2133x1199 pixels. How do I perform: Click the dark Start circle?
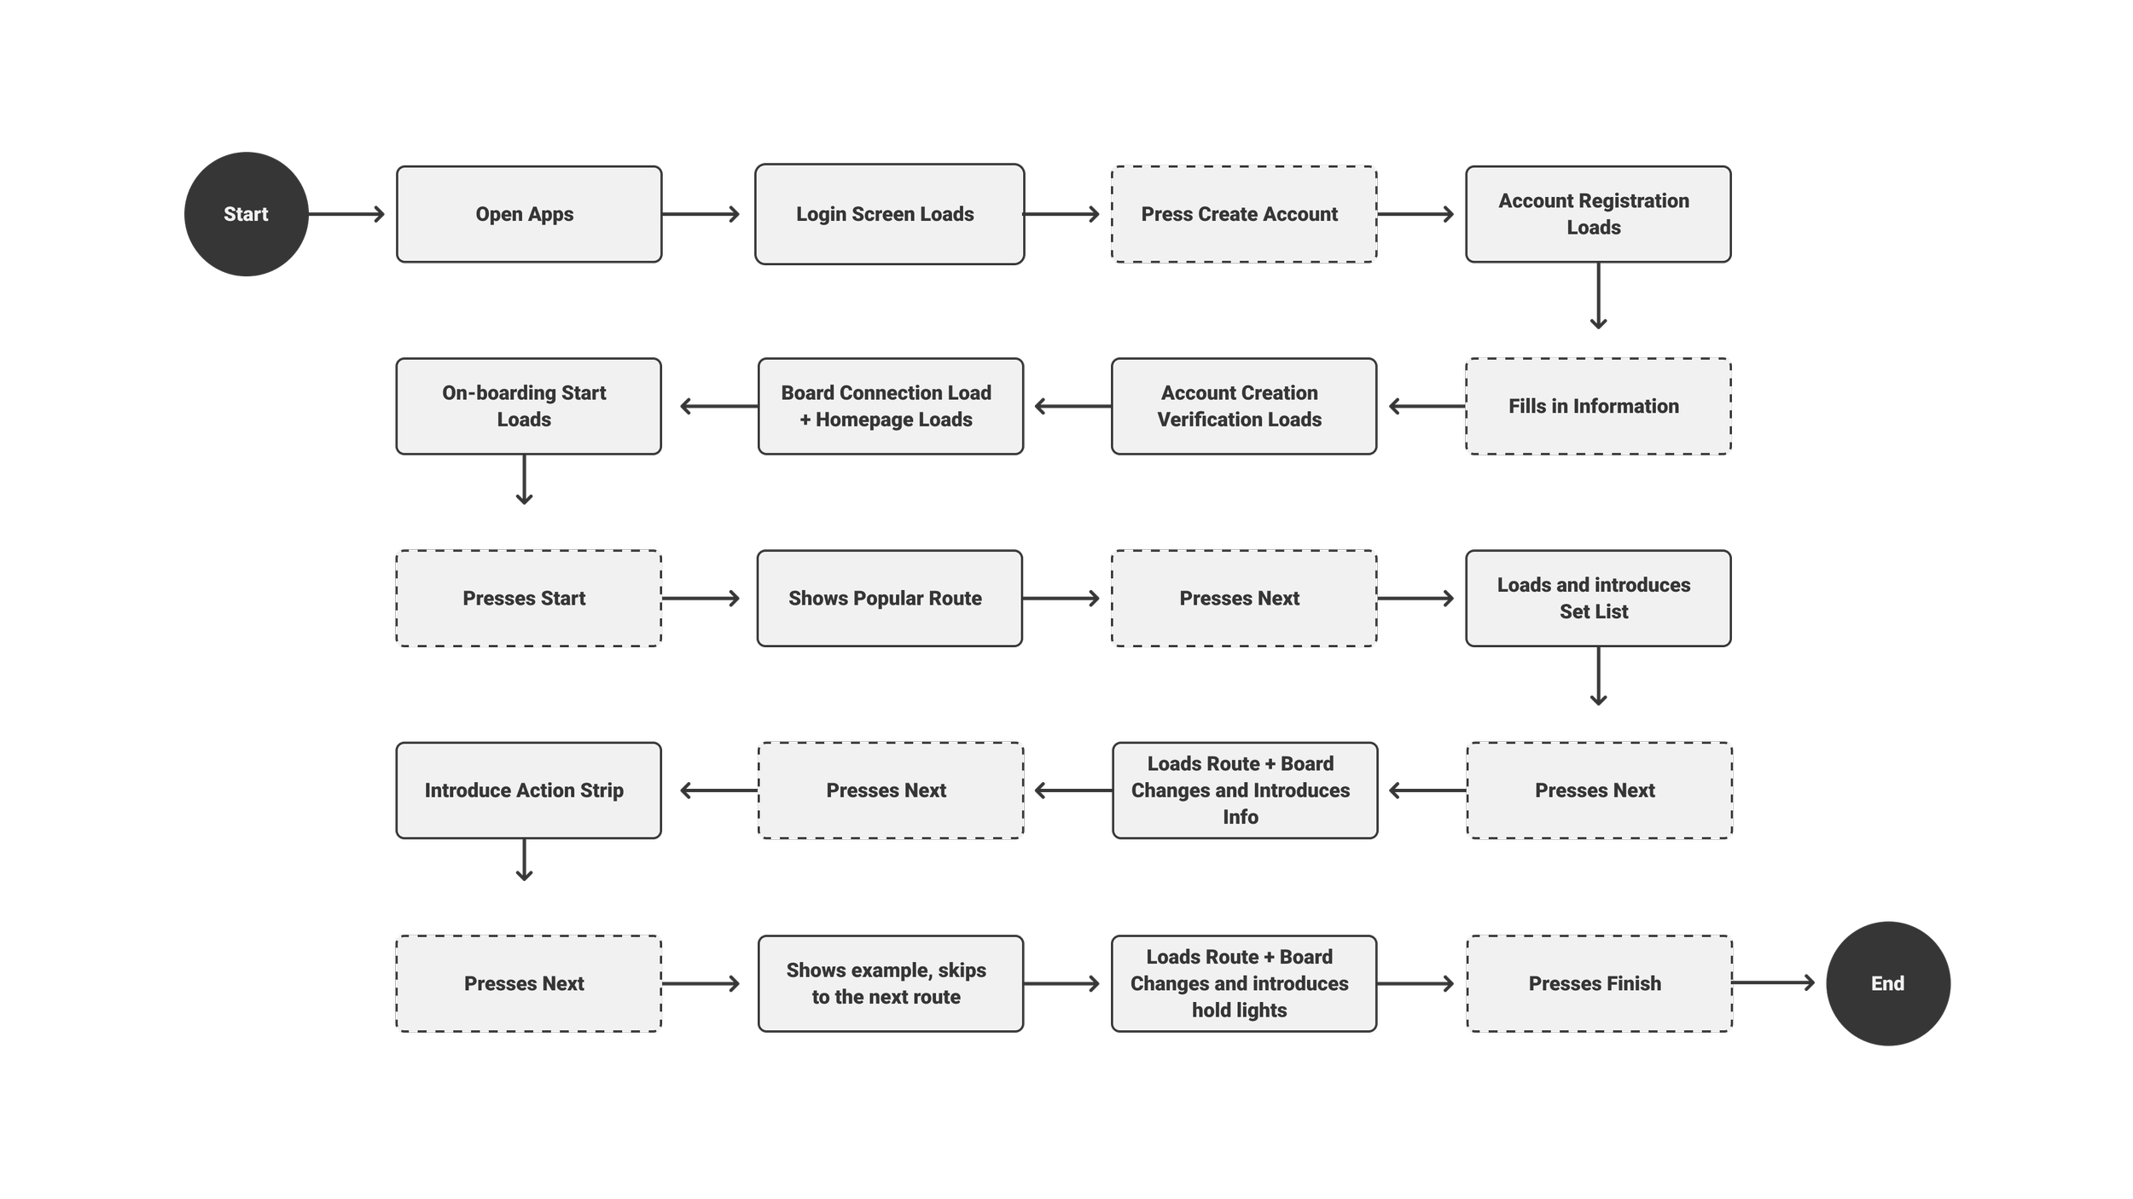246,214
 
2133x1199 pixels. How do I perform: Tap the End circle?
1887,983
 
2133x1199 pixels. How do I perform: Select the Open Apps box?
529,214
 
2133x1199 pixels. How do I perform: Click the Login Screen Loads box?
889,214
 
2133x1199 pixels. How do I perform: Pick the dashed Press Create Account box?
1243,214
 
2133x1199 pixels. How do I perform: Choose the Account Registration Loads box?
1597,214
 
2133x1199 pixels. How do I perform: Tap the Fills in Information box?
1597,406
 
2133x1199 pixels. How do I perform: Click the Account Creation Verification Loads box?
1243,406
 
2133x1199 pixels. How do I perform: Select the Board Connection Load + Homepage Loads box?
890,406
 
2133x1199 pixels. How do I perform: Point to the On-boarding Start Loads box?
528,406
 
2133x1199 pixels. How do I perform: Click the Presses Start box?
528,598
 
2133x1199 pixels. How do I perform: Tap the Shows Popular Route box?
889,598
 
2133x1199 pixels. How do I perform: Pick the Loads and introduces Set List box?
1597,598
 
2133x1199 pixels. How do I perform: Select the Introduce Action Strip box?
528,791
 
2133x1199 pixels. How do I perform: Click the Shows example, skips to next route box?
890,983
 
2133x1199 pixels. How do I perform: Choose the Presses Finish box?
1599,983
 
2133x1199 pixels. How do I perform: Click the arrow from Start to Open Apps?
346,214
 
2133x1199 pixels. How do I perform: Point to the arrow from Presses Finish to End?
1775,983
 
